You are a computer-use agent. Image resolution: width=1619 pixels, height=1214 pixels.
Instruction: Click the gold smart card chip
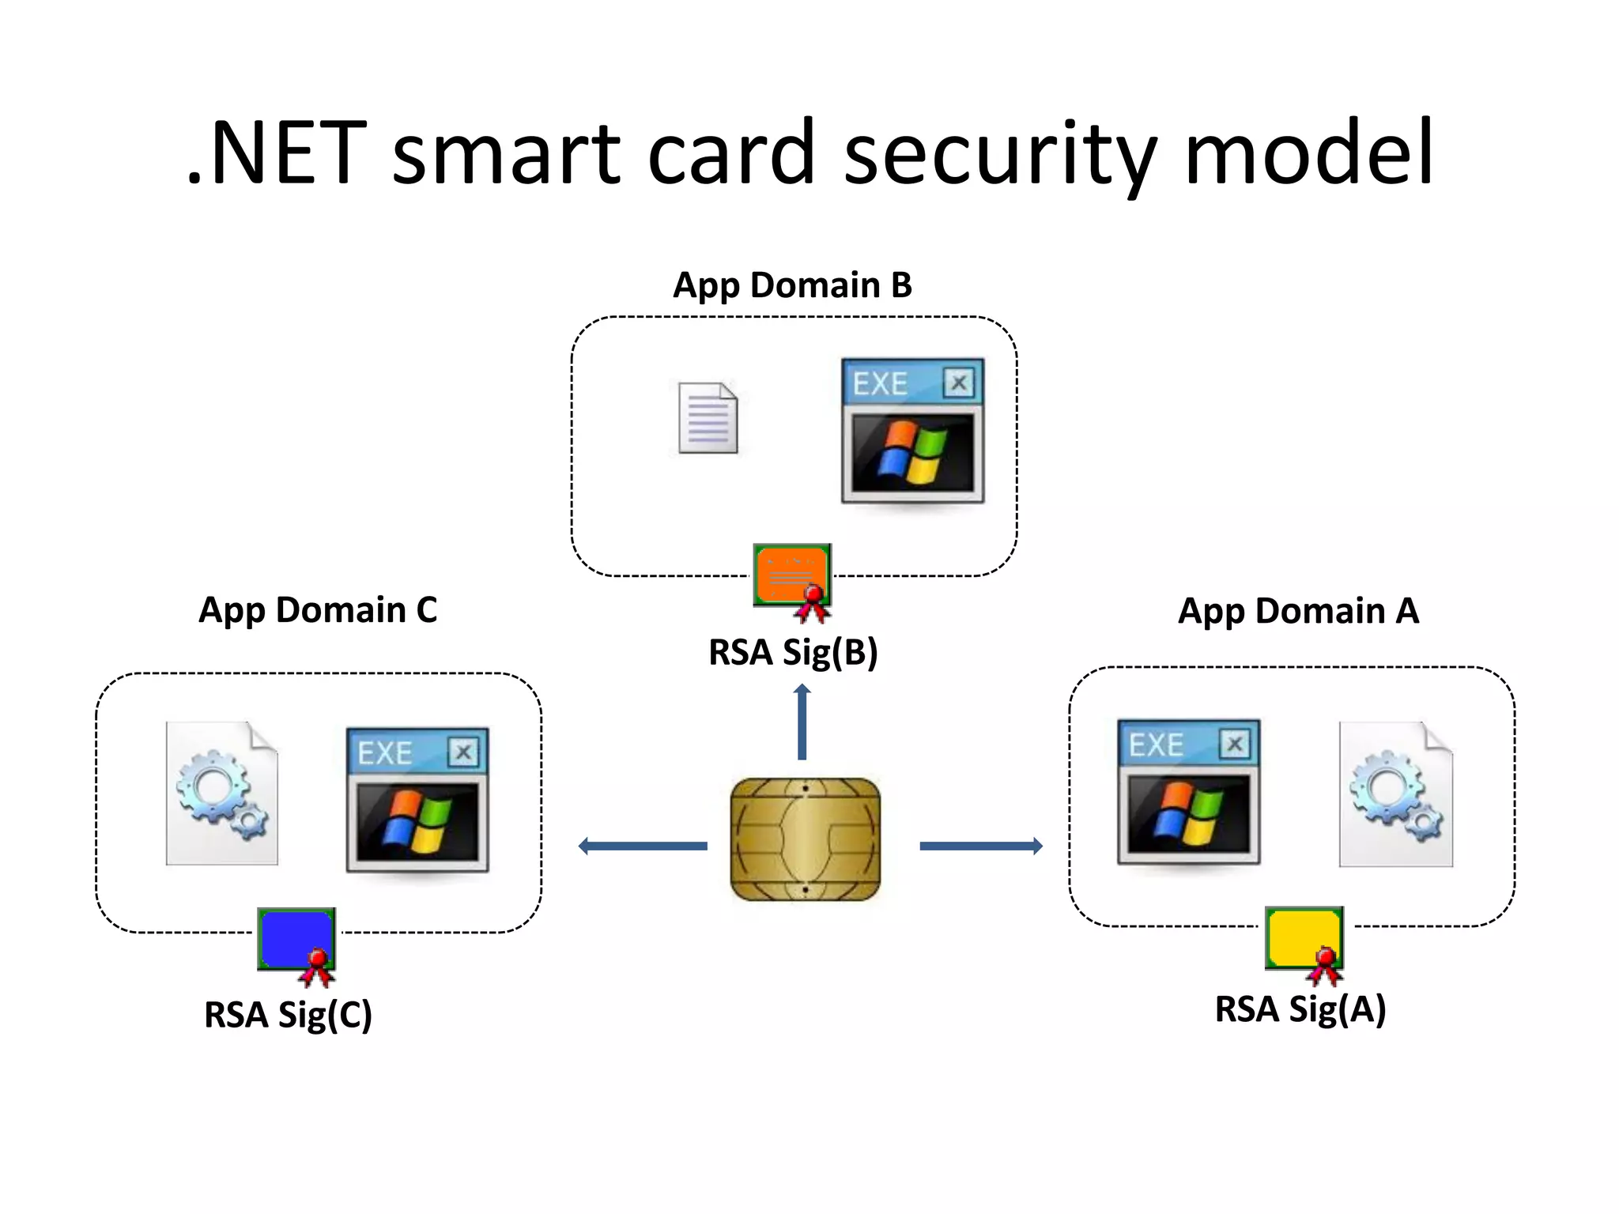805,839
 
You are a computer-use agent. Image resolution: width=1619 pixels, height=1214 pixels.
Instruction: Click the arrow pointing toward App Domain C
642,846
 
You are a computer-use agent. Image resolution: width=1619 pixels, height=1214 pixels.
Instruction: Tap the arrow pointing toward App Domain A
981,846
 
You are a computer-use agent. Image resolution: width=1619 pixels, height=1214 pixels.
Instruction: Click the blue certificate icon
296,941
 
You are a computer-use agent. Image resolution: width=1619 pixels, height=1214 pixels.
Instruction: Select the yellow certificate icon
1304,939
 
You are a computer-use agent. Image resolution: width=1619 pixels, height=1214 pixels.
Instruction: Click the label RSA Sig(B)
793,653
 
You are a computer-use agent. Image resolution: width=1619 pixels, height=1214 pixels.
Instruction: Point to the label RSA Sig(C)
288,1015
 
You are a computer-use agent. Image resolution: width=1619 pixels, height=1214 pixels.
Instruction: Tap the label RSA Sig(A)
1300,1009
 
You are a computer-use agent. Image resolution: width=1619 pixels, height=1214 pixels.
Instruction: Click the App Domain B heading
792,285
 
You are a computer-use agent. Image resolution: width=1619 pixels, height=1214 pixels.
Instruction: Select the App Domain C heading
318,610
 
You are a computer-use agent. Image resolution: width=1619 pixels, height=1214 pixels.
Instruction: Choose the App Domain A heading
1298,611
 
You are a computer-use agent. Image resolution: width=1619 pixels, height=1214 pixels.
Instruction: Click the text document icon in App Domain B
708,418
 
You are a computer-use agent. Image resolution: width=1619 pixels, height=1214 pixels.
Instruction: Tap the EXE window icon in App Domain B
912,431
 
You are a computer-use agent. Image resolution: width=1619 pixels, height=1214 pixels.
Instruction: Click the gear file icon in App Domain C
222,793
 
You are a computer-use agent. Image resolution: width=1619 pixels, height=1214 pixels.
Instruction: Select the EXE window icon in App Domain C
417,800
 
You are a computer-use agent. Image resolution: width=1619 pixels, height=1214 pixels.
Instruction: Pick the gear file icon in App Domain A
1395,794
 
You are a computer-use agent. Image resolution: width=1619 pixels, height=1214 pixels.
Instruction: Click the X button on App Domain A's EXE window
1234,744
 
